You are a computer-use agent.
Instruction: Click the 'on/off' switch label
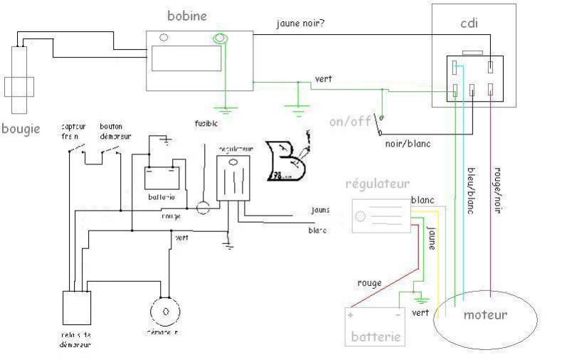350,120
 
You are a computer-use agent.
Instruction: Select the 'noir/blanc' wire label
408,143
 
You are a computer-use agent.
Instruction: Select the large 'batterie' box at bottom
375,326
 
